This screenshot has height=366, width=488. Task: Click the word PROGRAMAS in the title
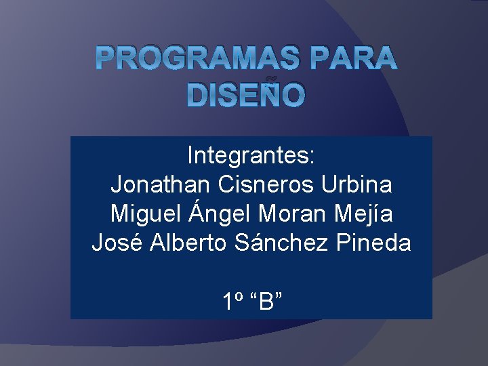pyautogui.click(x=198, y=59)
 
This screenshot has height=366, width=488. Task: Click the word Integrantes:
pyautogui.click(x=251, y=156)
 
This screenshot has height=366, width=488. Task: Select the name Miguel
pyautogui.click(x=144, y=214)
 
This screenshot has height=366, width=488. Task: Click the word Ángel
pyautogui.click(x=219, y=214)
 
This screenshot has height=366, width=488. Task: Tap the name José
pyautogui.click(x=113, y=243)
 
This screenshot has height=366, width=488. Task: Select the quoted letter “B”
pyautogui.click(x=266, y=300)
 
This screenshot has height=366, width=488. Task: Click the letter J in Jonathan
pyautogui.click(x=116, y=184)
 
